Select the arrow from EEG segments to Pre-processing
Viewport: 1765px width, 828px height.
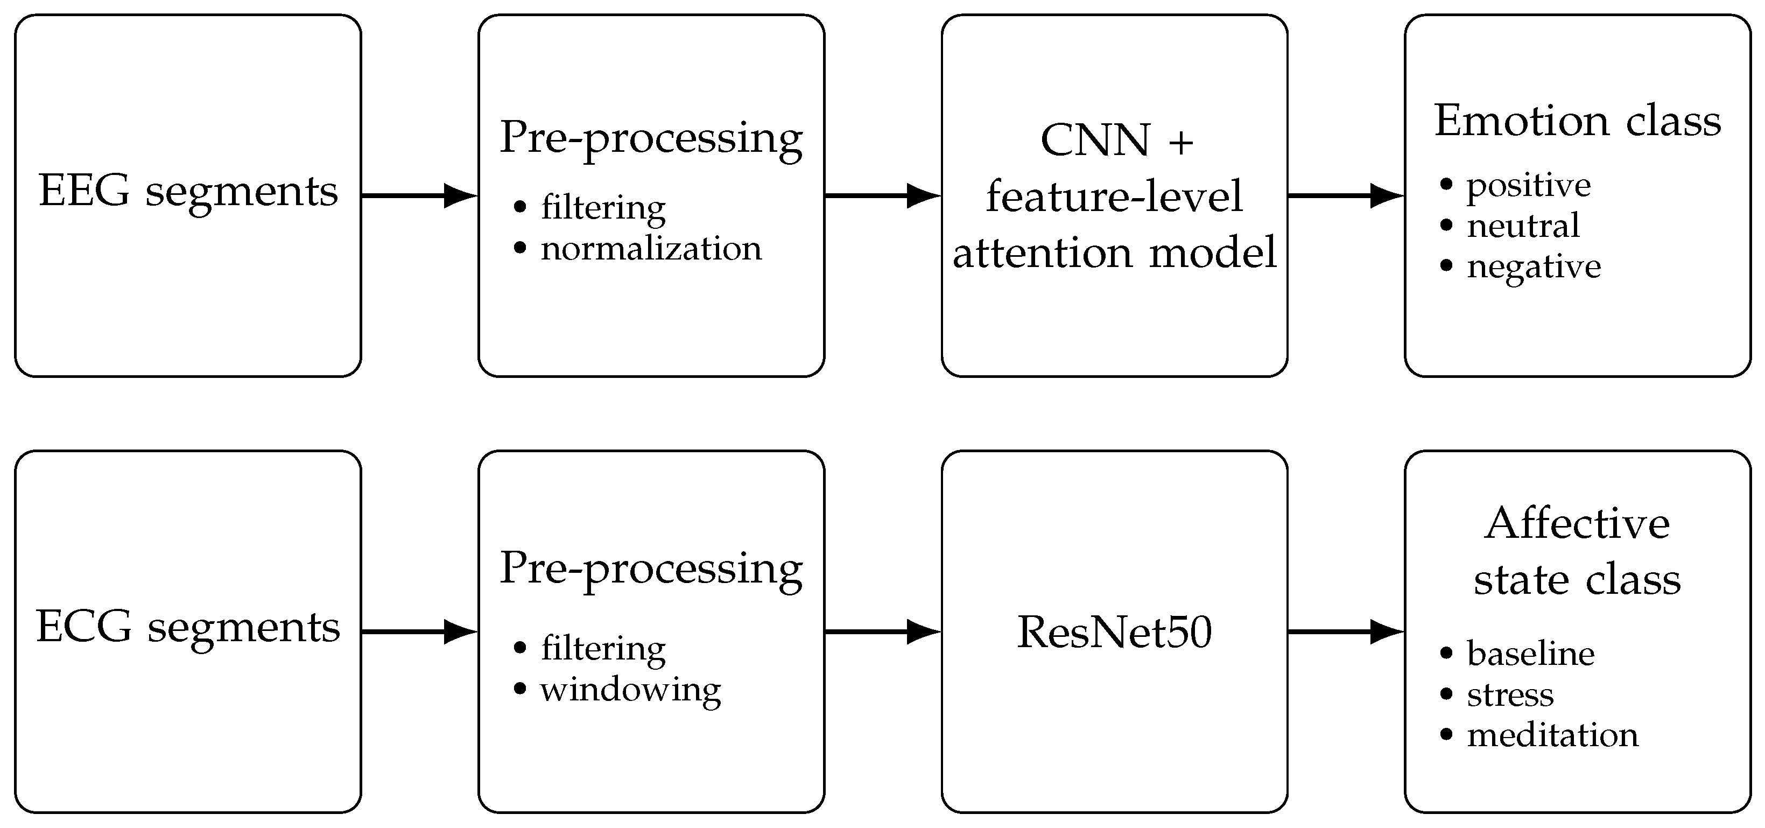coord(419,195)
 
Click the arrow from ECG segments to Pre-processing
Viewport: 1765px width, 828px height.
coord(419,631)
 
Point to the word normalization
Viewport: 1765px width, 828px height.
coord(651,248)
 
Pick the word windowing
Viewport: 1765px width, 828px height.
coord(630,690)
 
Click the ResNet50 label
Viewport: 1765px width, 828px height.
coord(1114,631)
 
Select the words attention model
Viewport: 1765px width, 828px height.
coord(1115,252)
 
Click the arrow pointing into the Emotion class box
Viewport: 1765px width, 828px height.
coord(1346,195)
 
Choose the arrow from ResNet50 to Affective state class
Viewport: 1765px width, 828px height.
coord(1346,631)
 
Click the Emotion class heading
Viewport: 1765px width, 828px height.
coord(1577,121)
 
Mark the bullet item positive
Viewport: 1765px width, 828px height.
coord(1529,186)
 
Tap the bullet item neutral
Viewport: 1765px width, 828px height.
coord(1523,226)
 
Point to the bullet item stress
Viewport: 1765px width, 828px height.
coord(1510,696)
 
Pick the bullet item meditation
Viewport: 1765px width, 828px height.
coord(1552,735)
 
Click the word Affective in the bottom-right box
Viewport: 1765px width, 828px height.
coord(1577,524)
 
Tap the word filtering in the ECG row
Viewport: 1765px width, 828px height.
coord(603,648)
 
